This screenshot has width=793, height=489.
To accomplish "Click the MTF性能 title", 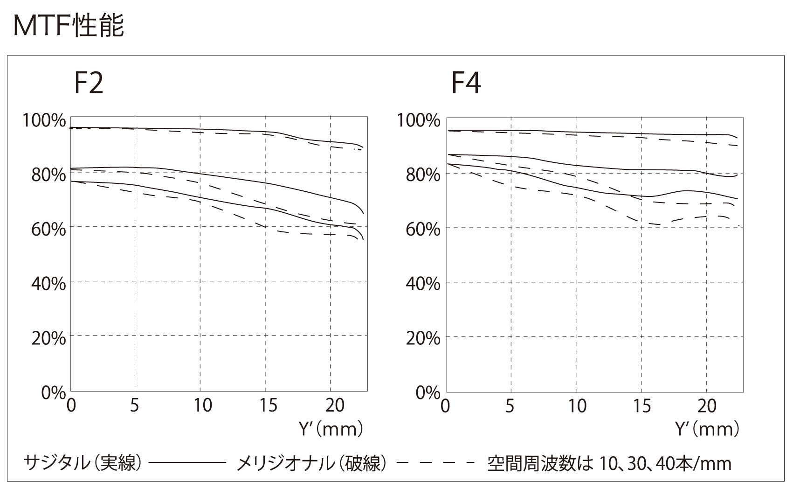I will (69, 26).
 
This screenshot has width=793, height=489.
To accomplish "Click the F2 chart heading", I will (89, 83).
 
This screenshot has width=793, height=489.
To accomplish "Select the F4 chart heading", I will (466, 83).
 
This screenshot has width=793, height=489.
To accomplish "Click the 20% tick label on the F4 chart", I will (423, 338).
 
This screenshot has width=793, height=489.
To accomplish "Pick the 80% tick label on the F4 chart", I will (423, 175).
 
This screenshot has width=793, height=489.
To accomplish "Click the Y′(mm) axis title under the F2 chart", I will (330, 428).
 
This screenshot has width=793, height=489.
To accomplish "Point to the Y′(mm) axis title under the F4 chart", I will (707, 428).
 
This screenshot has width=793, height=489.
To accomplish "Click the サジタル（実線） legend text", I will (82, 463).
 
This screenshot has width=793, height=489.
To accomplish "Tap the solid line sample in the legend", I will (186, 463).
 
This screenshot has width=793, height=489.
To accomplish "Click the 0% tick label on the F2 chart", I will (53, 393).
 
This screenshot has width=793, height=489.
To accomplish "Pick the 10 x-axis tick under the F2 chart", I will (202, 405).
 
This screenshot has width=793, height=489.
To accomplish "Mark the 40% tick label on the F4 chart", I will (423, 284).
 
